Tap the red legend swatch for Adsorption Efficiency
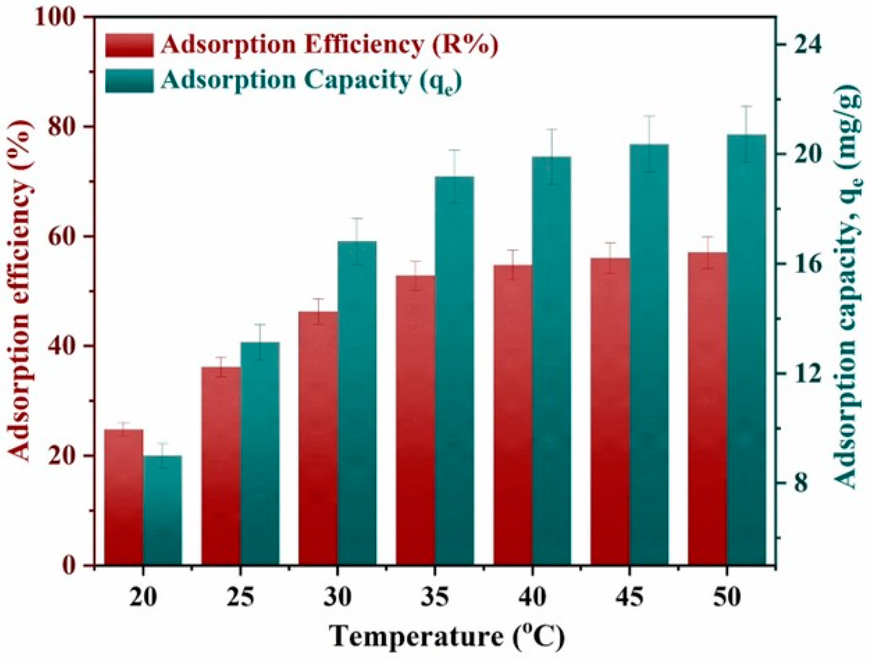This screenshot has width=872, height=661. point(129,45)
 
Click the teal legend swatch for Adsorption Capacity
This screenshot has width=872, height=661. point(129,81)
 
